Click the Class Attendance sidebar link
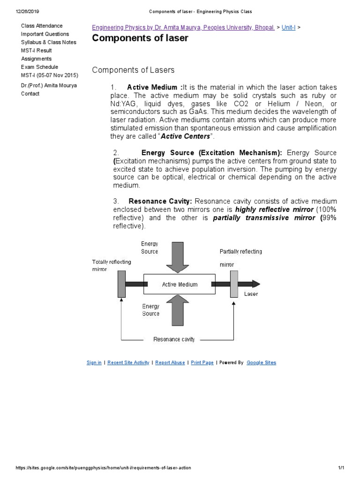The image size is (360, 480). pyautogui.click(x=42, y=26)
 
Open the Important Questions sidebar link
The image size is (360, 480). pyautogui.click(x=45, y=34)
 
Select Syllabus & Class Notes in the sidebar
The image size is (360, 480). pyautogui.click(x=49, y=42)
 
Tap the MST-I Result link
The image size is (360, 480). pyautogui.click(x=37, y=51)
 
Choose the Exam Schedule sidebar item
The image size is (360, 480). pyautogui.click(x=40, y=67)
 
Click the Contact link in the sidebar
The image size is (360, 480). pyautogui.click(x=30, y=94)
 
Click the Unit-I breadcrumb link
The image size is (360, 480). pyautogui.click(x=288, y=28)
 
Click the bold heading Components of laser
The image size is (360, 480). pyautogui.click(x=140, y=38)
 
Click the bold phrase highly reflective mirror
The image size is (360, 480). pyautogui.click(x=274, y=210)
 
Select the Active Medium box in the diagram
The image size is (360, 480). pyautogui.click(x=180, y=284)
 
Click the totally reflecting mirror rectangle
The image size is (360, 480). pyautogui.click(x=121, y=284)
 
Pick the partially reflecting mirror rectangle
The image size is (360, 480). pyautogui.click(x=234, y=284)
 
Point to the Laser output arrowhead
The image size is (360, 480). pyautogui.click(x=255, y=284)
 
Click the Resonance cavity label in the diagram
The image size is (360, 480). pyautogui.click(x=174, y=339)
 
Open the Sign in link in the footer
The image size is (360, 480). pyautogui.click(x=94, y=363)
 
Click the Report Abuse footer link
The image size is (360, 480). pyautogui.click(x=170, y=363)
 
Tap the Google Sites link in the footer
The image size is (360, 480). pyautogui.click(x=261, y=363)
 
